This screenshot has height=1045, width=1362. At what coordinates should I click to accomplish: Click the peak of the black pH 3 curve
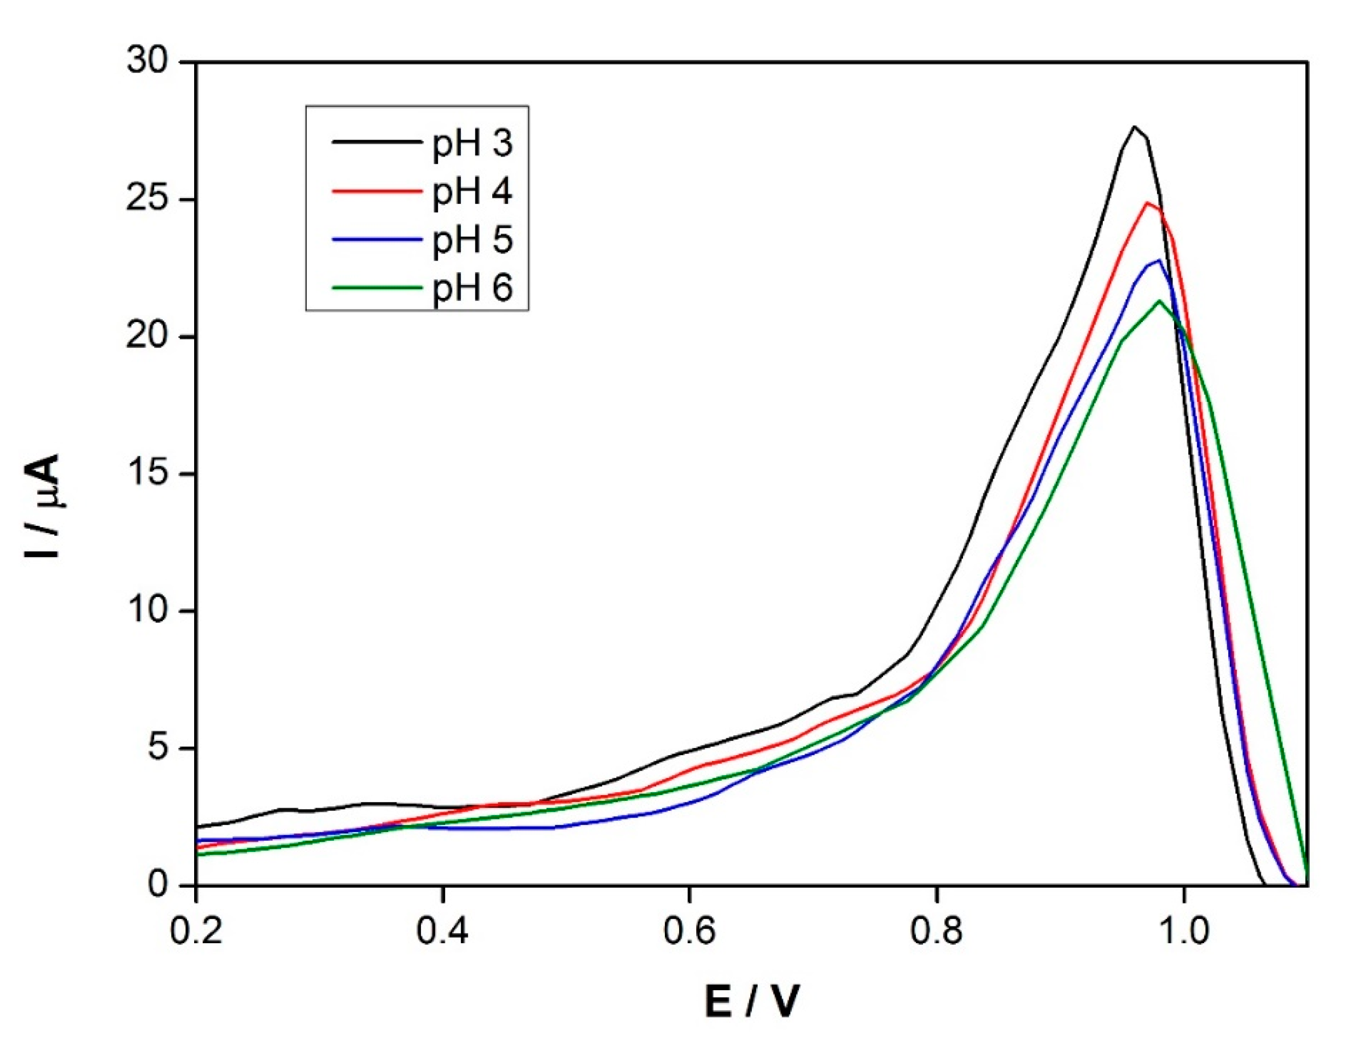point(1134,127)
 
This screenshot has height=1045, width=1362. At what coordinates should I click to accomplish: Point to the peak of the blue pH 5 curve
point(1159,261)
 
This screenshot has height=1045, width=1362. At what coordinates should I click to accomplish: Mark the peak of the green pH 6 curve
point(1159,301)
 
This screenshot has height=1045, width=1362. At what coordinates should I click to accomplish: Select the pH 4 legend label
point(472,191)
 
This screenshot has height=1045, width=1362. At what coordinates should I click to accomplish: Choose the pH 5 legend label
point(472,240)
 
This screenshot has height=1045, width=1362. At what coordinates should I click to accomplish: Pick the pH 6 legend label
point(472,288)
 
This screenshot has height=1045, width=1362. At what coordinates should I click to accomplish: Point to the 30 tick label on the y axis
point(148,61)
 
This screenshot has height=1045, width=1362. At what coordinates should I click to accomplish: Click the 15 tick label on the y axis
point(148,474)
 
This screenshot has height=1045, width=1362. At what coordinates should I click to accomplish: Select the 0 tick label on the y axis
point(159,885)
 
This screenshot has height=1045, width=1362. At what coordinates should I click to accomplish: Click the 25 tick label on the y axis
point(148,200)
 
